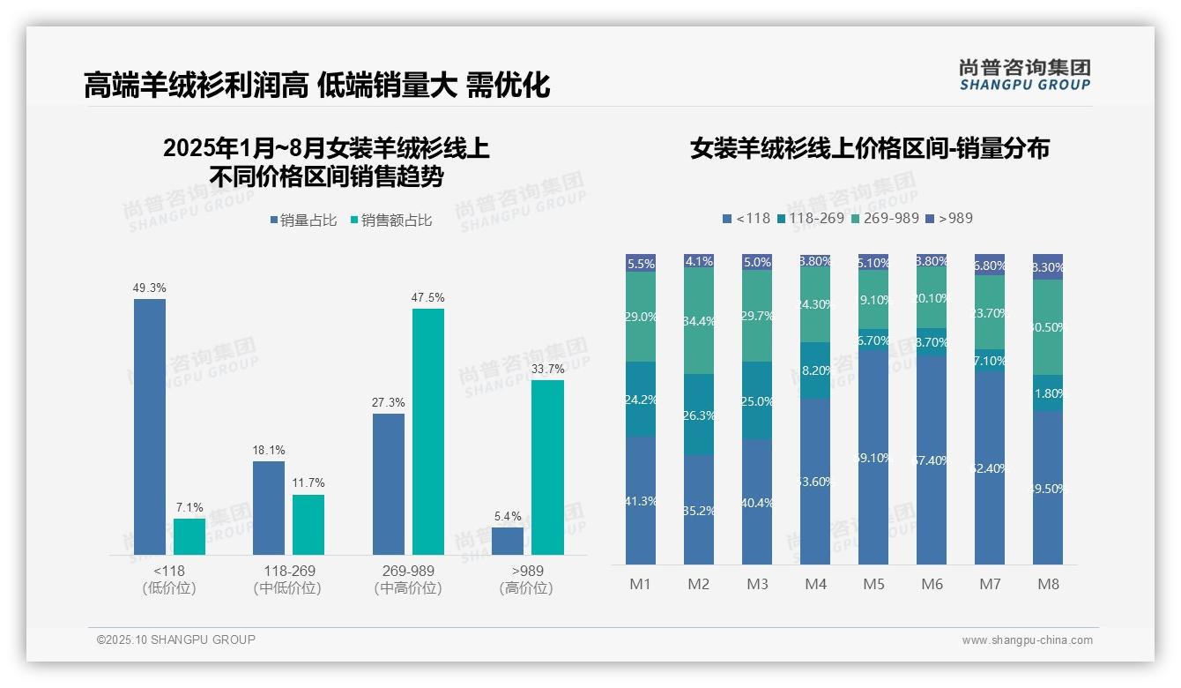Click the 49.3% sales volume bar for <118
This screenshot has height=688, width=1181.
point(150,426)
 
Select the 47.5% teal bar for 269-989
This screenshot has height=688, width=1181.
point(428,431)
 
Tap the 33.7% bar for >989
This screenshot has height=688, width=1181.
point(547,467)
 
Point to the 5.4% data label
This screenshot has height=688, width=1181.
point(508,517)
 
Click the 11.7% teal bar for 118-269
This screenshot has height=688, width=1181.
point(308,524)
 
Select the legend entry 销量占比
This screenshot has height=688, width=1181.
point(303,221)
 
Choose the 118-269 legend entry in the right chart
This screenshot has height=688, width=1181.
point(810,218)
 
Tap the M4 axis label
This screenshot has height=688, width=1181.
point(815,584)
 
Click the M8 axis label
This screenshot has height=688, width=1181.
point(1048,584)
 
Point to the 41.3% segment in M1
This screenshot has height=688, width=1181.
point(641,500)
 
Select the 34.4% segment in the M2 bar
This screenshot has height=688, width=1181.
point(699,320)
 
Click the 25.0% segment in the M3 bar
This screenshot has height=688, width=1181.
point(757,401)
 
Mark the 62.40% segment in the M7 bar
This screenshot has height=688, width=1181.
point(990,467)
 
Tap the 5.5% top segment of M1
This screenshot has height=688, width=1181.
point(641,263)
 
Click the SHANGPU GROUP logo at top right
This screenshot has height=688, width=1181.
point(1024,75)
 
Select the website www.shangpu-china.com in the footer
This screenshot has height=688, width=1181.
point(1027,640)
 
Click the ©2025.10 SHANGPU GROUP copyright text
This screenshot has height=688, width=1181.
point(175,639)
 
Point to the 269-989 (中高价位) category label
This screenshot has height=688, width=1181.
point(408,580)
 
